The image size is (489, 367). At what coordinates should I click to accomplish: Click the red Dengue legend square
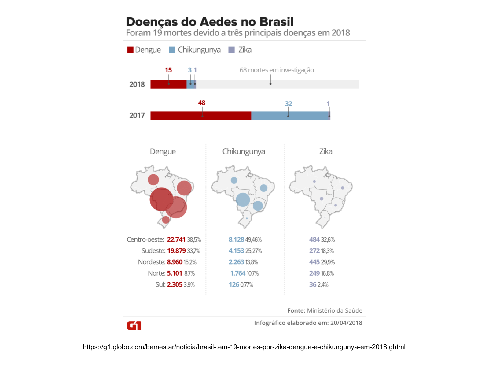click(x=131, y=50)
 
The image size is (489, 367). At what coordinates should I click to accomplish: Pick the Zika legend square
click(x=232, y=50)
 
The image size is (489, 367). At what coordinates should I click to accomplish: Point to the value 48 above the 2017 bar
click(x=202, y=103)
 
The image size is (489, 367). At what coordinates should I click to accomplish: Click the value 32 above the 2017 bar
click(x=289, y=104)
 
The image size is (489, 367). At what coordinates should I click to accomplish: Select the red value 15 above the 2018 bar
click(x=168, y=70)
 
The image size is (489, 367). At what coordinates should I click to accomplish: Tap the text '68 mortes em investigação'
click(x=277, y=70)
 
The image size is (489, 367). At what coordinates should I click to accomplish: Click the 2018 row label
click(x=137, y=84)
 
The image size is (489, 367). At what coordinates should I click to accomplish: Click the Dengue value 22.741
click(x=176, y=239)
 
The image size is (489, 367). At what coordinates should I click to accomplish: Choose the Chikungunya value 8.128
click(x=236, y=239)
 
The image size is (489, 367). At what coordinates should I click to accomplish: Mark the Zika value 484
click(x=314, y=239)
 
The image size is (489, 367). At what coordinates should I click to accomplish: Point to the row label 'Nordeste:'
click(x=152, y=262)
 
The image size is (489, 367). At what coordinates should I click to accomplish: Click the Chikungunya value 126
click(x=234, y=285)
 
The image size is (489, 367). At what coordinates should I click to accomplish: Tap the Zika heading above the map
click(x=326, y=152)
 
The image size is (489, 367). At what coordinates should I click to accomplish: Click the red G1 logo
click(x=134, y=326)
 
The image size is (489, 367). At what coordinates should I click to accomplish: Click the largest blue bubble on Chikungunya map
click(x=243, y=200)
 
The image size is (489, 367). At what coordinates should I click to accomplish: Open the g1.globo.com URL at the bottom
click(x=244, y=347)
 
